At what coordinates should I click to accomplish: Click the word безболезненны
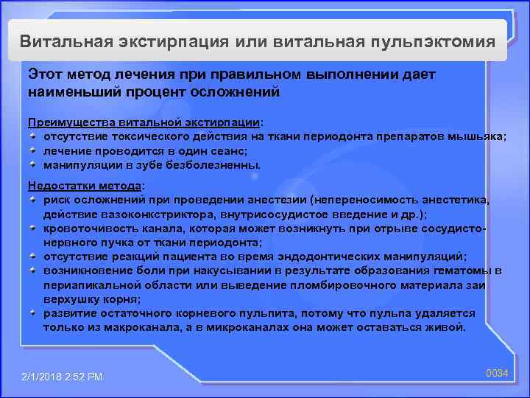click(x=219, y=164)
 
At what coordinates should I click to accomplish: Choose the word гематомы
click(x=460, y=270)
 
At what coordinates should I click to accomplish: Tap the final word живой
click(x=448, y=327)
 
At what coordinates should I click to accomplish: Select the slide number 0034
click(x=497, y=374)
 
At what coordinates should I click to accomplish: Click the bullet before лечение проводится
click(x=34, y=150)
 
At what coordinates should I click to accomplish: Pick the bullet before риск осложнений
click(x=34, y=199)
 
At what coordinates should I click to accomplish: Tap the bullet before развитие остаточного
click(x=34, y=313)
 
